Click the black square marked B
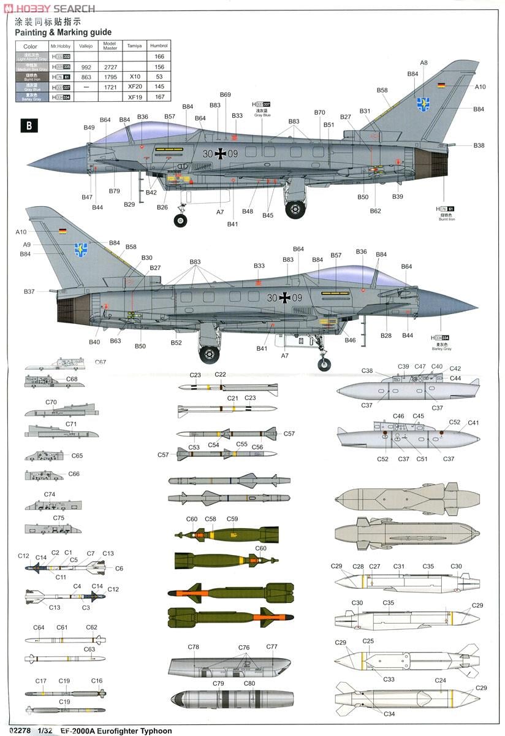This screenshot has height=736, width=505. (x=28, y=126)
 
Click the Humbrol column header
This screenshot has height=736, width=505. (x=159, y=46)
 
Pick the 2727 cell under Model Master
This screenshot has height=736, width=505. (x=110, y=67)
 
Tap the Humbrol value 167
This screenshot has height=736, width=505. (x=159, y=97)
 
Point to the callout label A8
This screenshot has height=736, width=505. (x=423, y=63)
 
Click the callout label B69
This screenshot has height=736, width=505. (x=225, y=94)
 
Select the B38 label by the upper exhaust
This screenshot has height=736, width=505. (x=479, y=145)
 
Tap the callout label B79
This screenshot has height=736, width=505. (x=115, y=191)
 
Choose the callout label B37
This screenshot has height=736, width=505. (x=29, y=291)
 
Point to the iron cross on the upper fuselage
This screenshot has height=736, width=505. (x=221, y=155)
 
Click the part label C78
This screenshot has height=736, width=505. (x=194, y=647)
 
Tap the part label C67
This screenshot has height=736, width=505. (x=100, y=362)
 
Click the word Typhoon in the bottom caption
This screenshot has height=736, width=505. (x=154, y=731)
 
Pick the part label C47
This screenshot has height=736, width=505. (x=420, y=367)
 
